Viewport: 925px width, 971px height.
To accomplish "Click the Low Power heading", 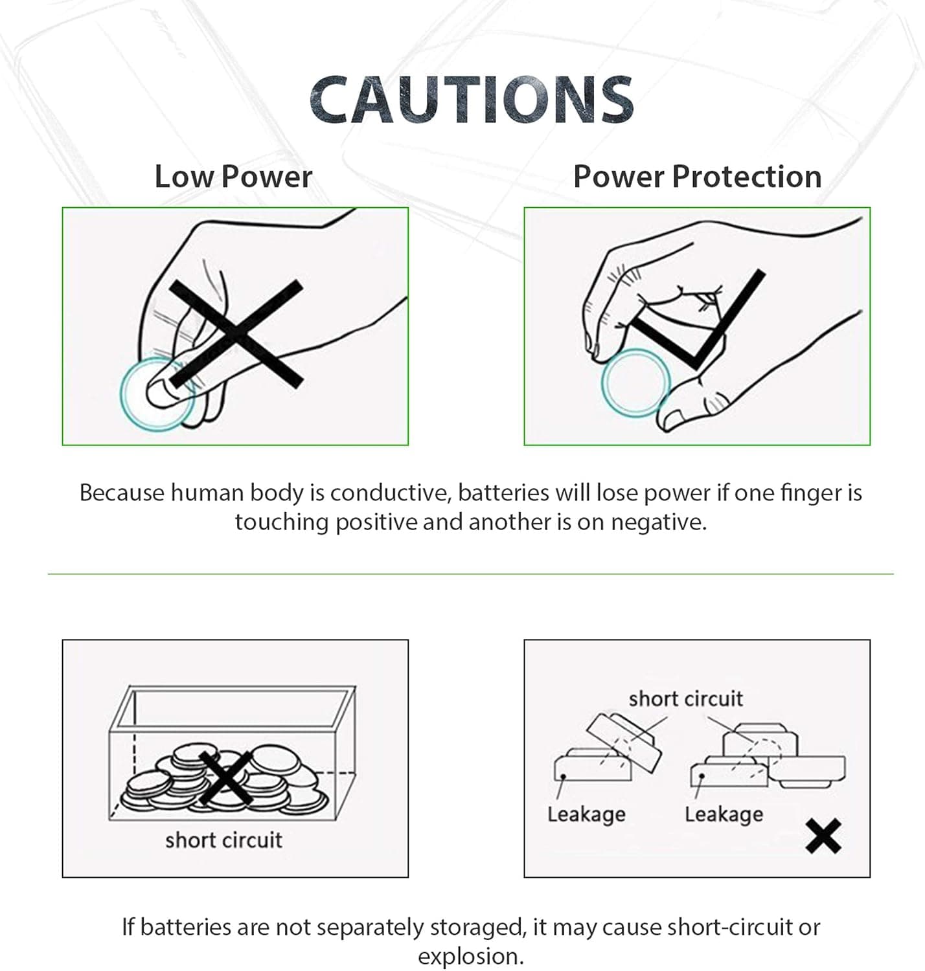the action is click(x=233, y=176).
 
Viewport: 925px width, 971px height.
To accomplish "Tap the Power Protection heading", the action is click(x=697, y=176).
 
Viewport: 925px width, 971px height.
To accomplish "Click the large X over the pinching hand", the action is click(x=236, y=333).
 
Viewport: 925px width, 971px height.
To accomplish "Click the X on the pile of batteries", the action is click(x=226, y=779).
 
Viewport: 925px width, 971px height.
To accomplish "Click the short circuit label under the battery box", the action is click(x=223, y=840).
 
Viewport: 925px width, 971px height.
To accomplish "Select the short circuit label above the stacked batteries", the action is click(x=686, y=699).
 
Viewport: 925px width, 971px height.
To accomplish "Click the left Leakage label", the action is click(x=586, y=814).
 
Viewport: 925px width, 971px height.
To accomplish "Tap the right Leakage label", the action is click(x=724, y=814).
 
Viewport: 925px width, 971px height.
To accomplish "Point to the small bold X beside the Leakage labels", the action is click(x=823, y=836).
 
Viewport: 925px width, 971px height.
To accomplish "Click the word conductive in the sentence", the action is click(x=390, y=493).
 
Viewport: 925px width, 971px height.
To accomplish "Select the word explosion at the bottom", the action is click(x=471, y=957).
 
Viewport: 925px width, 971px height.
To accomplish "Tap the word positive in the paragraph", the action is click(x=376, y=522).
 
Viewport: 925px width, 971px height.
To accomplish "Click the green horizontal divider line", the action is click(x=471, y=574).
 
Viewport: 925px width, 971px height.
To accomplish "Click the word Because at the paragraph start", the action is click(x=122, y=493).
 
